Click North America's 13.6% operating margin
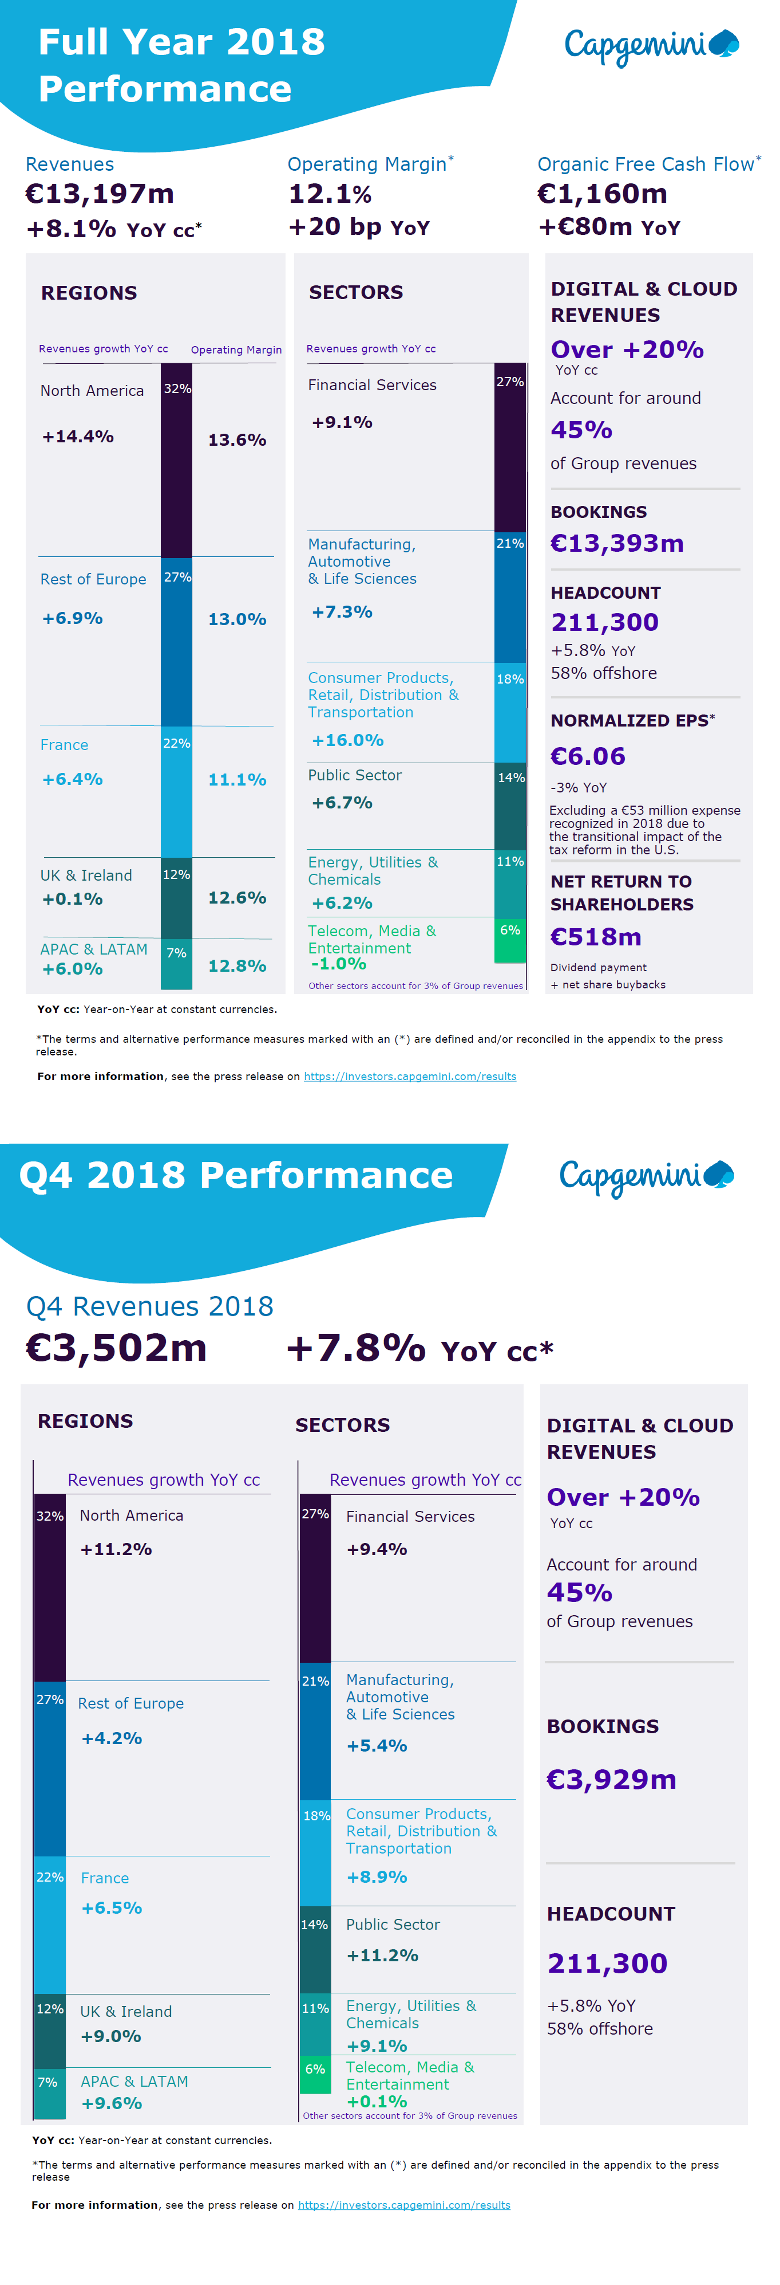237,440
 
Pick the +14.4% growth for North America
78,437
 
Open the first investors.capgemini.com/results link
410,1076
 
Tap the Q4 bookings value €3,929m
612,1780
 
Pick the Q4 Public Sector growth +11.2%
382,1955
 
